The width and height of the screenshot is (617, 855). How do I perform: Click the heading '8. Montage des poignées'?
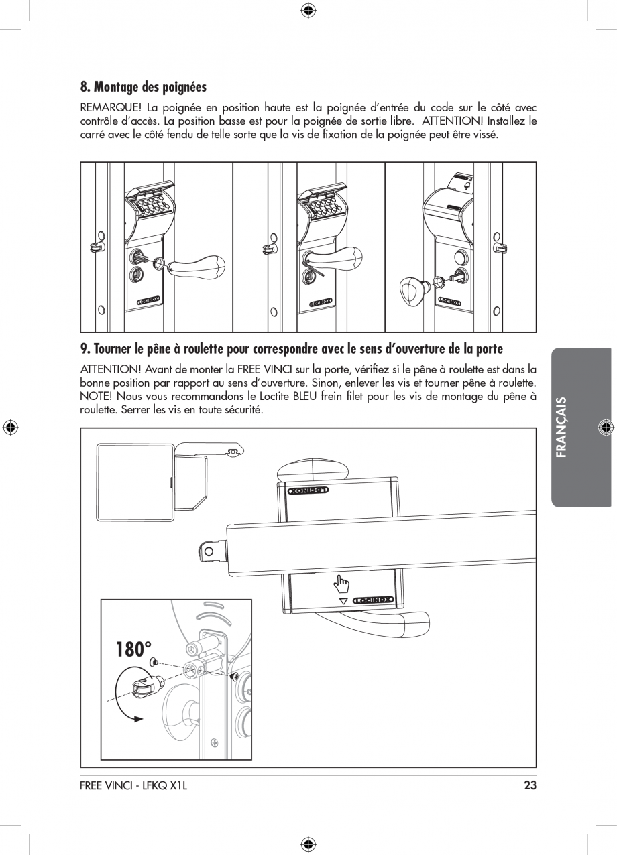(x=144, y=87)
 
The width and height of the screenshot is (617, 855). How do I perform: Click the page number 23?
(x=530, y=785)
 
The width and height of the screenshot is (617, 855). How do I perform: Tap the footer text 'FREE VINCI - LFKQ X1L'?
(x=133, y=785)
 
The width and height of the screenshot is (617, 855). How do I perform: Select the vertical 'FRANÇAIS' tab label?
(x=561, y=427)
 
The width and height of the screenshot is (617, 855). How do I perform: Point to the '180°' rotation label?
(x=133, y=649)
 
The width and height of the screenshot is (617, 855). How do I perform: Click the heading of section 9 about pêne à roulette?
(x=291, y=349)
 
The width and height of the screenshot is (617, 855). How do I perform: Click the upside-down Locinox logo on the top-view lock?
(x=308, y=490)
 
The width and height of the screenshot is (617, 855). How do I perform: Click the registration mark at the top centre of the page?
(x=308, y=9)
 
